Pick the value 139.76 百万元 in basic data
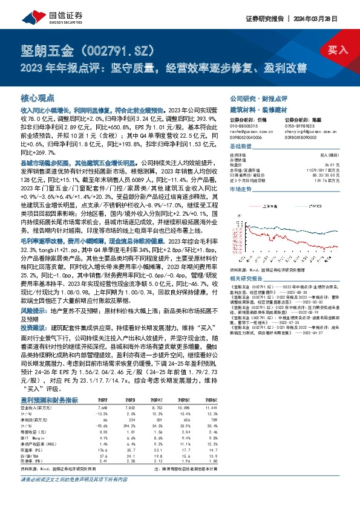pos(327,180)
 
